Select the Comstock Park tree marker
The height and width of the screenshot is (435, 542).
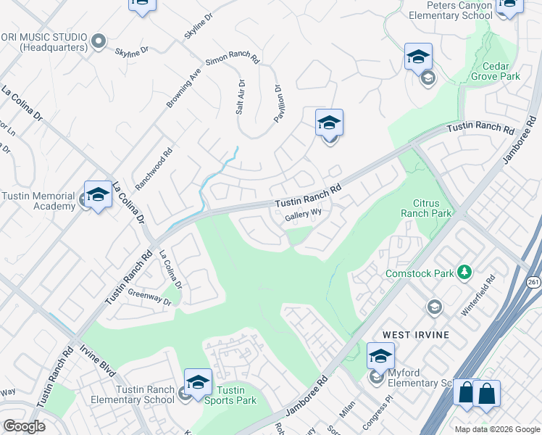point(464,273)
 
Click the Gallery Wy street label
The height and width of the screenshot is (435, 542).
point(303,215)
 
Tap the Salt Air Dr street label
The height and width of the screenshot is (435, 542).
point(241,99)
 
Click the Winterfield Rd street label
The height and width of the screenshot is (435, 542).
point(478,295)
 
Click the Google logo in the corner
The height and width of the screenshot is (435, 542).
point(24,426)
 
